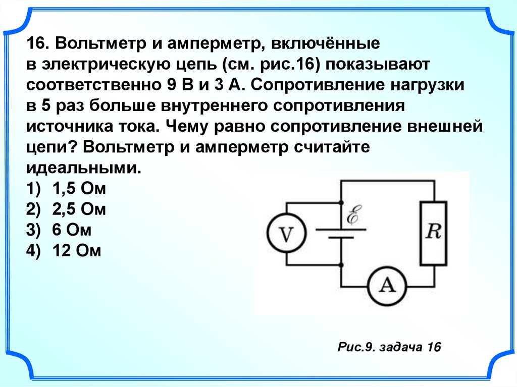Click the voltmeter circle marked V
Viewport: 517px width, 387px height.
(x=286, y=234)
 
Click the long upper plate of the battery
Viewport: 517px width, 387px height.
(x=341, y=228)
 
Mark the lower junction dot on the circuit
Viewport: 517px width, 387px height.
(x=341, y=264)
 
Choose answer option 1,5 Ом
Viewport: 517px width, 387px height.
(x=78, y=190)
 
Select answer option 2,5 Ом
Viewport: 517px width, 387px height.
(x=78, y=210)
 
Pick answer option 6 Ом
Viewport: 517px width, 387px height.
(x=71, y=230)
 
